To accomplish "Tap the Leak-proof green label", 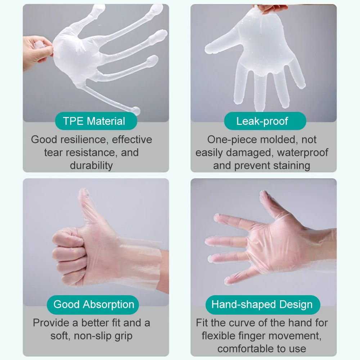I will pos(262,121).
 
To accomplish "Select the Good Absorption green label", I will pos(94,305).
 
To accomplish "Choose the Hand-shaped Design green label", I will pos(262,305).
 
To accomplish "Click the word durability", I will pos(91,165).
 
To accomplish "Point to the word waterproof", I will pos(302,152).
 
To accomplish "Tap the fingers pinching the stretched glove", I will pos(36,50).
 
